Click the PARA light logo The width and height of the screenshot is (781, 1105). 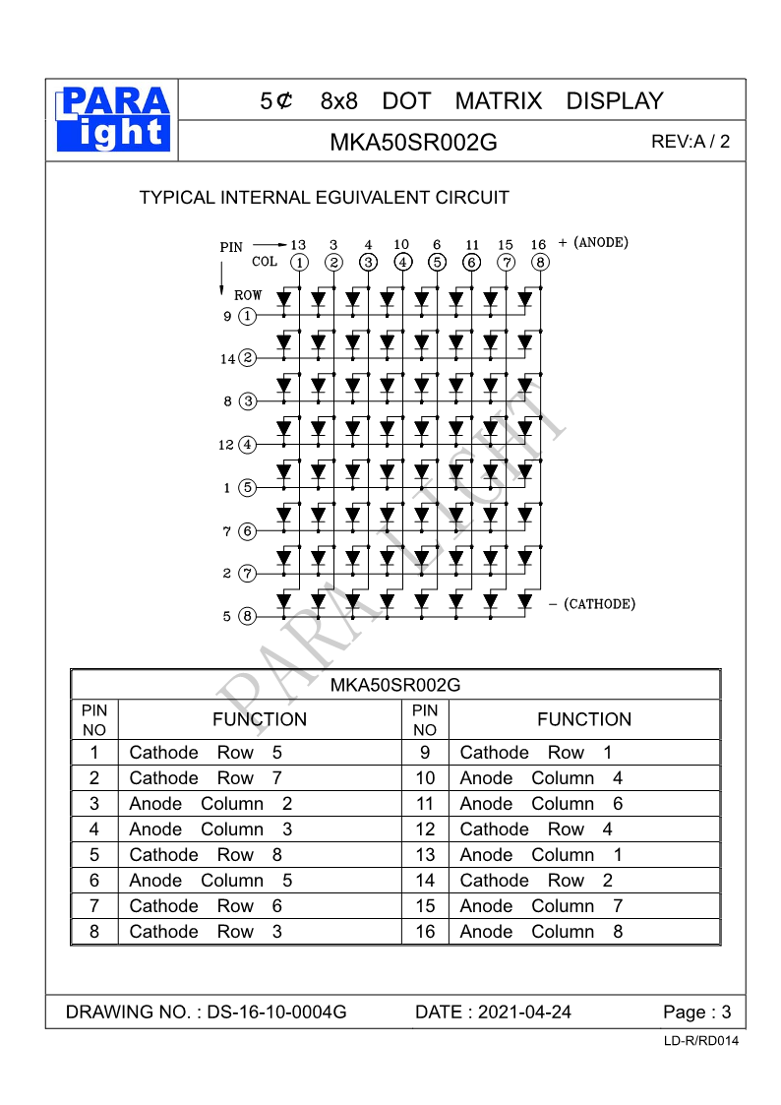(x=113, y=119)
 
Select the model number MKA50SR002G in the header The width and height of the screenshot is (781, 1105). (x=413, y=142)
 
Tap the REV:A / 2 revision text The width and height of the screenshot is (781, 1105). (x=691, y=141)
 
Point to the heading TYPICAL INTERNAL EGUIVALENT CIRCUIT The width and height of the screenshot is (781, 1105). (x=325, y=198)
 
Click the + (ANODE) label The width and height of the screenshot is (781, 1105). (x=593, y=242)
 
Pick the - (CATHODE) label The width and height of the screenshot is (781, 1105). (x=591, y=603)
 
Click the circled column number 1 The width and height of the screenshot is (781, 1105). (x=299, y=262)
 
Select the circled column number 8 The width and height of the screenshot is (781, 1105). (x=540, y=262)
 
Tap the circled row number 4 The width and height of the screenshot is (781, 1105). (x=247, y=444)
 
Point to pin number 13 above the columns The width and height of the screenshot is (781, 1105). (x=299, y=244)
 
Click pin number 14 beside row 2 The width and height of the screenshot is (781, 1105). (x=228, y=359)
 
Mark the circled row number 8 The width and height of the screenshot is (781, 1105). (x=247, y=616)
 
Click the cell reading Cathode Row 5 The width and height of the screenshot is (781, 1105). (x=206, y=753)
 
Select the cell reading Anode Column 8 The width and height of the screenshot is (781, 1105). (x=541, y=932)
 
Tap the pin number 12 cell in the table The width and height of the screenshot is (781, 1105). (x=425, y=829)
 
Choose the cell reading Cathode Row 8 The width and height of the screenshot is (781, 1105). (x=206, y=855)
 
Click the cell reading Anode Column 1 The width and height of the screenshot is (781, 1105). (x=541, y=855)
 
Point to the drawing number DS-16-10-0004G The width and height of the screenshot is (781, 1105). (x=276, y=1013)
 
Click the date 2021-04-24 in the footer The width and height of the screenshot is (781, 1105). (x=524, y=1013)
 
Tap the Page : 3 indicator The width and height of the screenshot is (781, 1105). (x=697, y=1013)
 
